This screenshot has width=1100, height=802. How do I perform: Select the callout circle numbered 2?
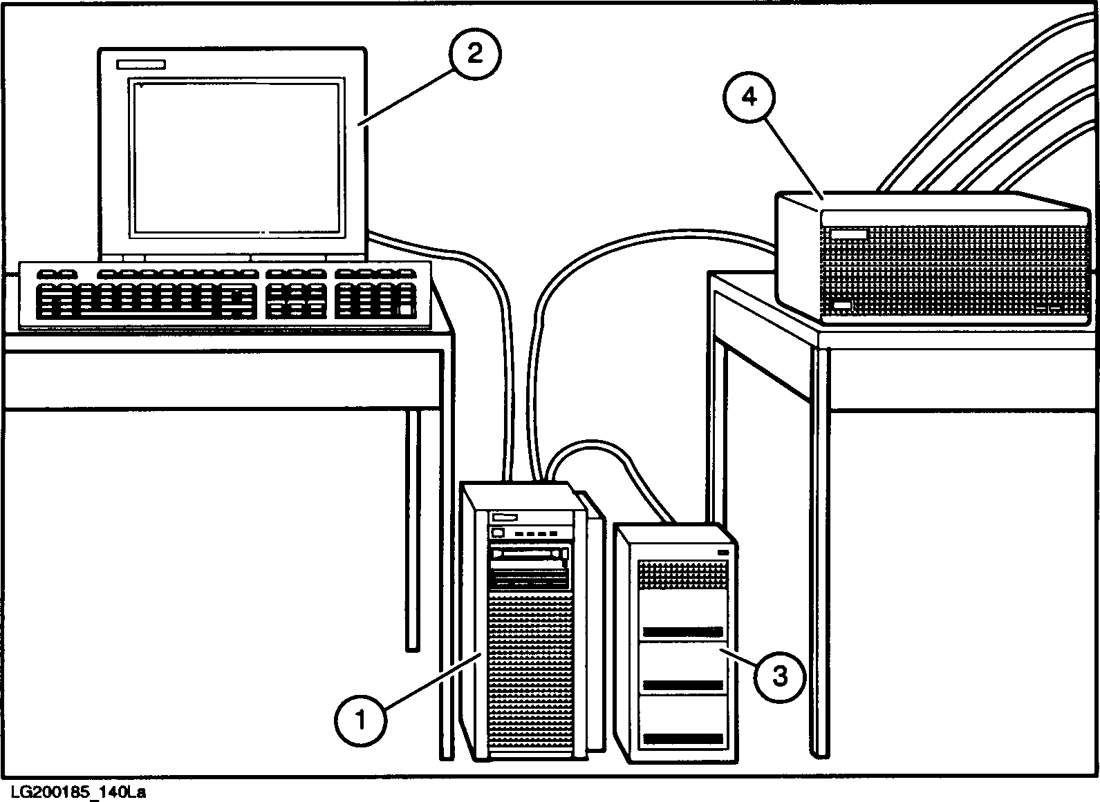(x=475, y=54)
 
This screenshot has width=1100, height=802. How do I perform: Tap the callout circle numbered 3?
(x=780, y=676)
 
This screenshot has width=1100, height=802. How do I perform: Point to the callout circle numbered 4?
(x=749, y=97)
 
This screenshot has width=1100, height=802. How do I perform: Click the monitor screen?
(x=235, y=157)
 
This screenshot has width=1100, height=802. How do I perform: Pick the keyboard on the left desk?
(x=225, y=295)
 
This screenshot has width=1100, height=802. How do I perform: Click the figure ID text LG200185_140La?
(x=74, y=792)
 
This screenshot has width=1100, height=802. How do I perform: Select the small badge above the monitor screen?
(x=141, y=64)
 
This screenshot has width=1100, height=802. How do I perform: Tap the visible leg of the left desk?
(x=412, y=528)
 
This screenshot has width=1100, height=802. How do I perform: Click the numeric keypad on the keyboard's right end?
(x=375, y=299)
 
